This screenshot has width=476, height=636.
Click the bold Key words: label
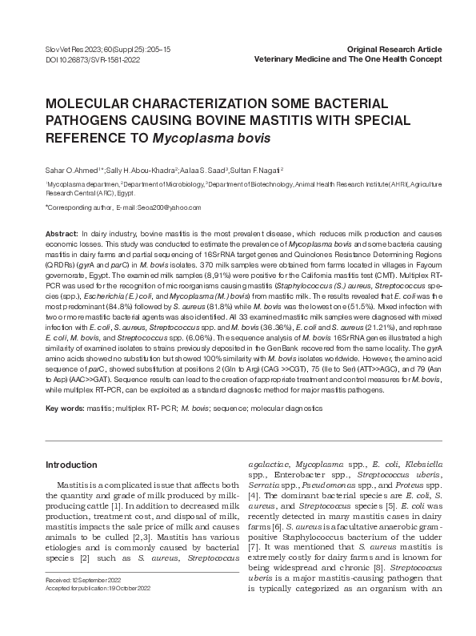coord(65,409)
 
